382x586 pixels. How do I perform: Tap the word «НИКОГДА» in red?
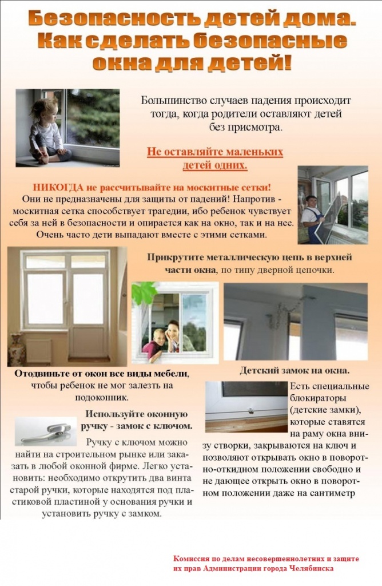[59, 187]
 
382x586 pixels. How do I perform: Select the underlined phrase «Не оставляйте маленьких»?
[215, 152]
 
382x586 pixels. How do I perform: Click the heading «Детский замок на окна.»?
[295, 370]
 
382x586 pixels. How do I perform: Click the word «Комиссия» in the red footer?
[192, 559]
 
